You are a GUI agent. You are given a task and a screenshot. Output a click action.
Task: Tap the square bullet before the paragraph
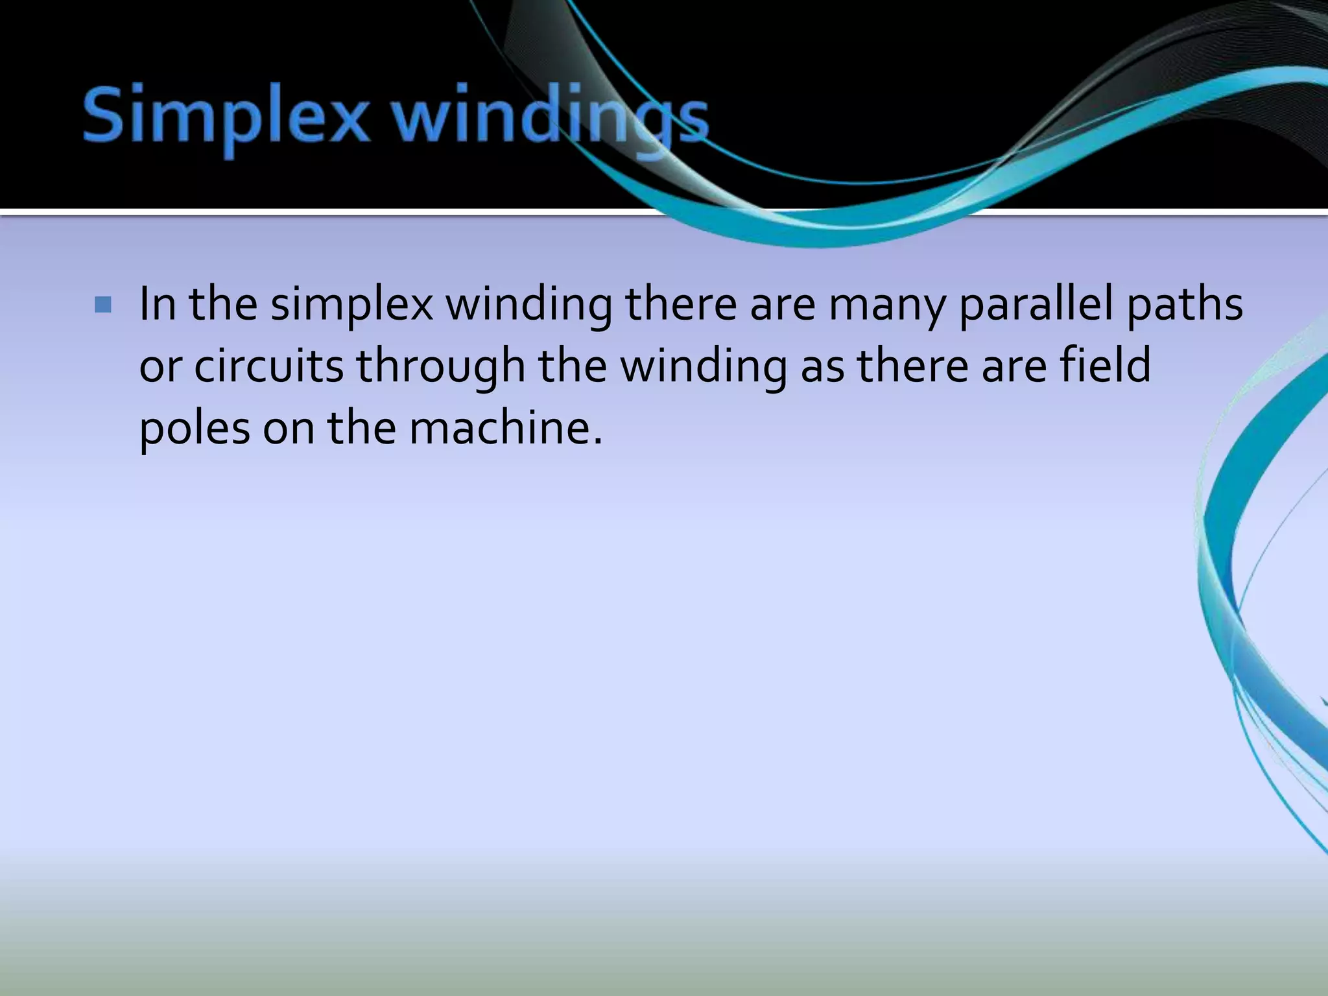pos(103,305)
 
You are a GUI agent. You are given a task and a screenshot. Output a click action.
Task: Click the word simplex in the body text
pos(351,305)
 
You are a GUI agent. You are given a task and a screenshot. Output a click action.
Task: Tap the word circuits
pos(268,366)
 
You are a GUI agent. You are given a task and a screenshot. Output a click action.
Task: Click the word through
pos(441,367)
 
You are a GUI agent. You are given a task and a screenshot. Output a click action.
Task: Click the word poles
pos(195,429)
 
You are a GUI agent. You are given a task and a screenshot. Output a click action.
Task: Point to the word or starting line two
pos(160,367)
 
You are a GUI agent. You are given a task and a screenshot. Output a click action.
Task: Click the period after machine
pos(597,442)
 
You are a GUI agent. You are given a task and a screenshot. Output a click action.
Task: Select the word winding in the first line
pos(528,305)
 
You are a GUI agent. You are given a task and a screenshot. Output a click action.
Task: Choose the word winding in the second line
pos(703,367)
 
